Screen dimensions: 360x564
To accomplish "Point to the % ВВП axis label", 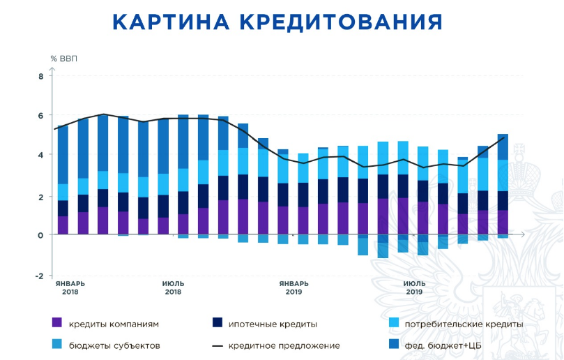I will pyautogui.click(x=63, y=58).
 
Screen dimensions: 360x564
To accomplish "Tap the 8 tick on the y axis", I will pyautogui.click(x=40, y=76).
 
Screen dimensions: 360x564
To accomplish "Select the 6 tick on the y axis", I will pyautogui.click(x=40, y=116).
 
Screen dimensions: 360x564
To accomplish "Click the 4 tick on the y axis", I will pyautogui.click(x=40, y=155).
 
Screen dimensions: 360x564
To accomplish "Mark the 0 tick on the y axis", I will pyautogui.click(x=40, y=236).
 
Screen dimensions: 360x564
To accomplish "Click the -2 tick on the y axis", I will pyautogui.click(x=39, y=276).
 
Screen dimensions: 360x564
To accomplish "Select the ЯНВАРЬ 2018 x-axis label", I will pyautogui.click(x=70, y=287).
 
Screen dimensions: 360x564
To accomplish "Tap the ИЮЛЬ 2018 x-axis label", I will pyautogui.click(x=173, y=287).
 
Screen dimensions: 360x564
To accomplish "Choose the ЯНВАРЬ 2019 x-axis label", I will pyautogui.click(x=294, y=287).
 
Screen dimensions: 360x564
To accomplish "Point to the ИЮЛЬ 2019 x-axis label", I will pyautogui.click(x=414, y=287).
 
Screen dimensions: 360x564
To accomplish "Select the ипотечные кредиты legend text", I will pyautogui.click(x=274, y=324).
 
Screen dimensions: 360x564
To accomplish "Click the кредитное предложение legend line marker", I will pyautogui.click(x=217, y=345).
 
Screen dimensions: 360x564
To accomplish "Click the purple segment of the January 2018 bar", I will pyautogui.click(x=63, y=225).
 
